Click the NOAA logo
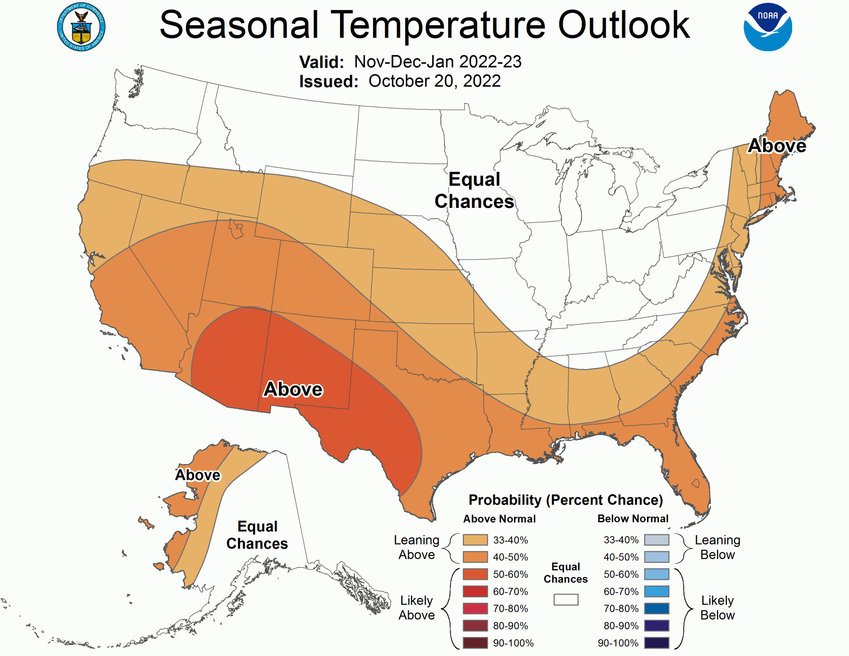pos(767,27)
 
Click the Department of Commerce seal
pos(81,27)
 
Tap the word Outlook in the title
pos(623,25)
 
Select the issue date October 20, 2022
pos(434,81)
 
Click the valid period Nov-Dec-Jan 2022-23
pos(437,62)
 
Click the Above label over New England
pos(777,146)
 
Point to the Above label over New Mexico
pos(293,389)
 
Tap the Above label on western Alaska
pos(197,475)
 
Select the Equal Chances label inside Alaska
pos(257,535)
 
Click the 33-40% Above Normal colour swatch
pos(475,540)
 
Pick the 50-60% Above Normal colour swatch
pos(475,574)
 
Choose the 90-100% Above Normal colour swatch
pos(475,643)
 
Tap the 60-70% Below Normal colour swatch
pos(657,591)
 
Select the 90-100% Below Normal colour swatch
pos(657,643)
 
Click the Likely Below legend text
pos(717,608)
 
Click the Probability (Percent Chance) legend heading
pos(565,500)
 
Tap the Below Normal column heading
pos(632,519)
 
